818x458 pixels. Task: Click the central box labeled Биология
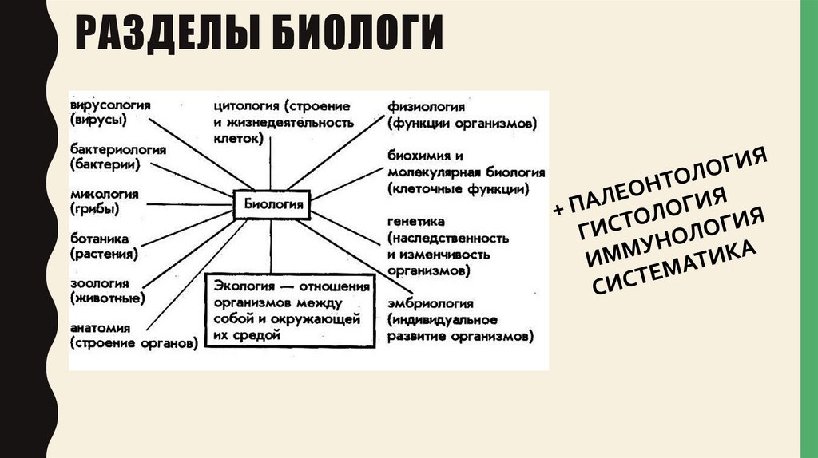(271, 203)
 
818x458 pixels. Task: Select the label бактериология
(117, 150)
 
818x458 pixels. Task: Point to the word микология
(105, 195)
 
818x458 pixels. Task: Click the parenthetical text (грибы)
(94, 210)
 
